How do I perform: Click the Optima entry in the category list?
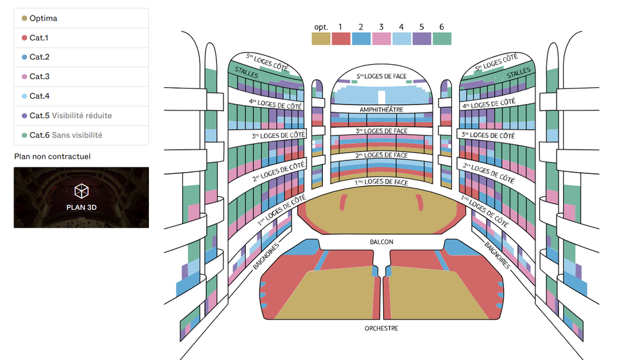(x=81, y=19)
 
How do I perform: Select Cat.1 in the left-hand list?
(x=81, y=38)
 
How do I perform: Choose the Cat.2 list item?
(x=81, y=57)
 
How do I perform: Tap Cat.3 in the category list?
(x=81, y=76)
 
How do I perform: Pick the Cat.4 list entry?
(x=81, y=96)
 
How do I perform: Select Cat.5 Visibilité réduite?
(x=81, y=116)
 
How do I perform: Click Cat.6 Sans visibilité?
(x=81, y=135)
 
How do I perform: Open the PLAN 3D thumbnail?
(x=82, y=197)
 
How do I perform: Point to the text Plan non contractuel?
(x=53, y=157)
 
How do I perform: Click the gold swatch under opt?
(x=321, y=39)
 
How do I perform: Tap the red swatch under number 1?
(x=341, y=39)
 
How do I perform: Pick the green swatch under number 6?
(x=442, y=39)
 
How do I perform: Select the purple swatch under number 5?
(x=422, y=39)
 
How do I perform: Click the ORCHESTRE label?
(x=381, y=328)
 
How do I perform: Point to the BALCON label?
(x=381, y=242)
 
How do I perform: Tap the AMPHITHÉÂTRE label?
(x=381, y=110)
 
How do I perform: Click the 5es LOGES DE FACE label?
(x=381, y=76)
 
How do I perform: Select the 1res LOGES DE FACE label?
(x=381, y=182)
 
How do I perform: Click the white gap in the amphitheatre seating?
(x=381, y=97)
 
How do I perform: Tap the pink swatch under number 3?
(x=381, y=39)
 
